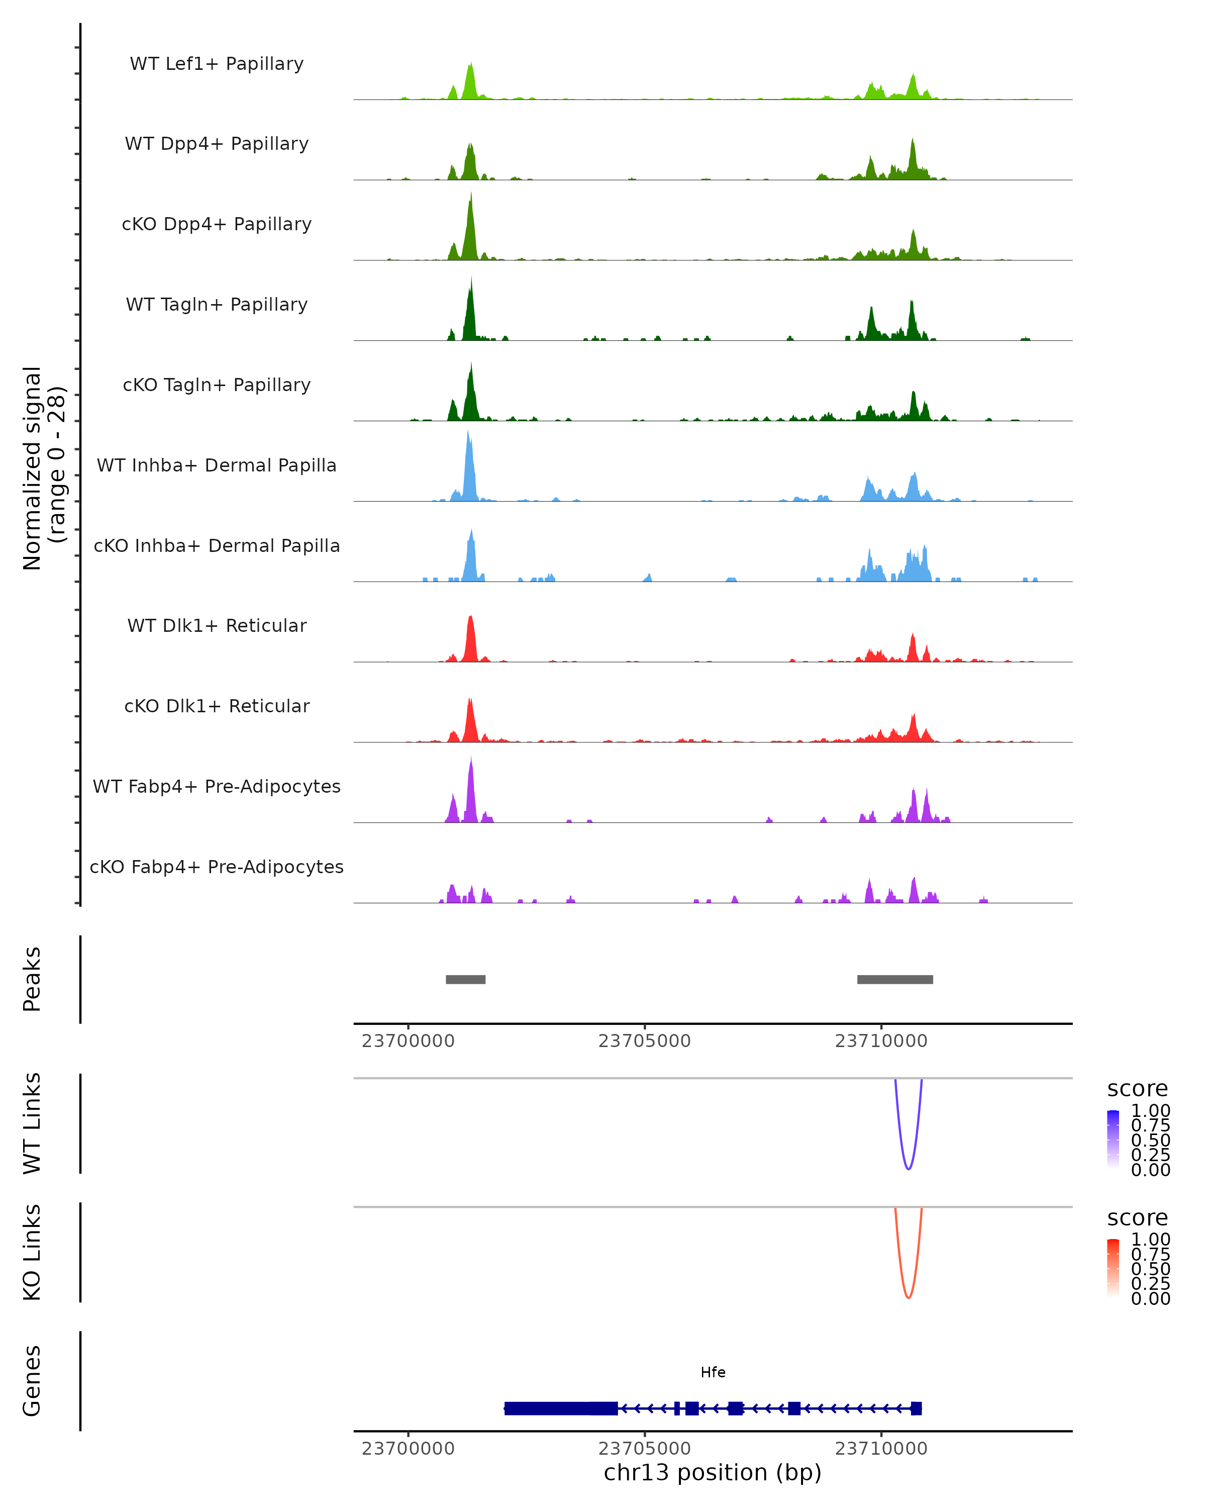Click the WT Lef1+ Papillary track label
click(x=217, y=64)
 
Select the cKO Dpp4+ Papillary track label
click(x=217, y=224)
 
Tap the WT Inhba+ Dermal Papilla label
click(x=217, y=465)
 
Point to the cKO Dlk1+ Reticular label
click(x=217, y=706)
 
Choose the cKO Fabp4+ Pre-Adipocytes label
click(x=217, y=867)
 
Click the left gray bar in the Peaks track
click(x=466, y=979)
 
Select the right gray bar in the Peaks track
click(x=895, y=979)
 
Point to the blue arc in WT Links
click(x=908, y=1168)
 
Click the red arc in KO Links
click(x=908, y=1297)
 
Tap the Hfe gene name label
click(x=713, y=1372)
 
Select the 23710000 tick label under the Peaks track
click(x=881, y=1041)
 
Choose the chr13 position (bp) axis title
click(x=713, y=1472)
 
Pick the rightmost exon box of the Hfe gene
click(x=916, y=1408)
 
